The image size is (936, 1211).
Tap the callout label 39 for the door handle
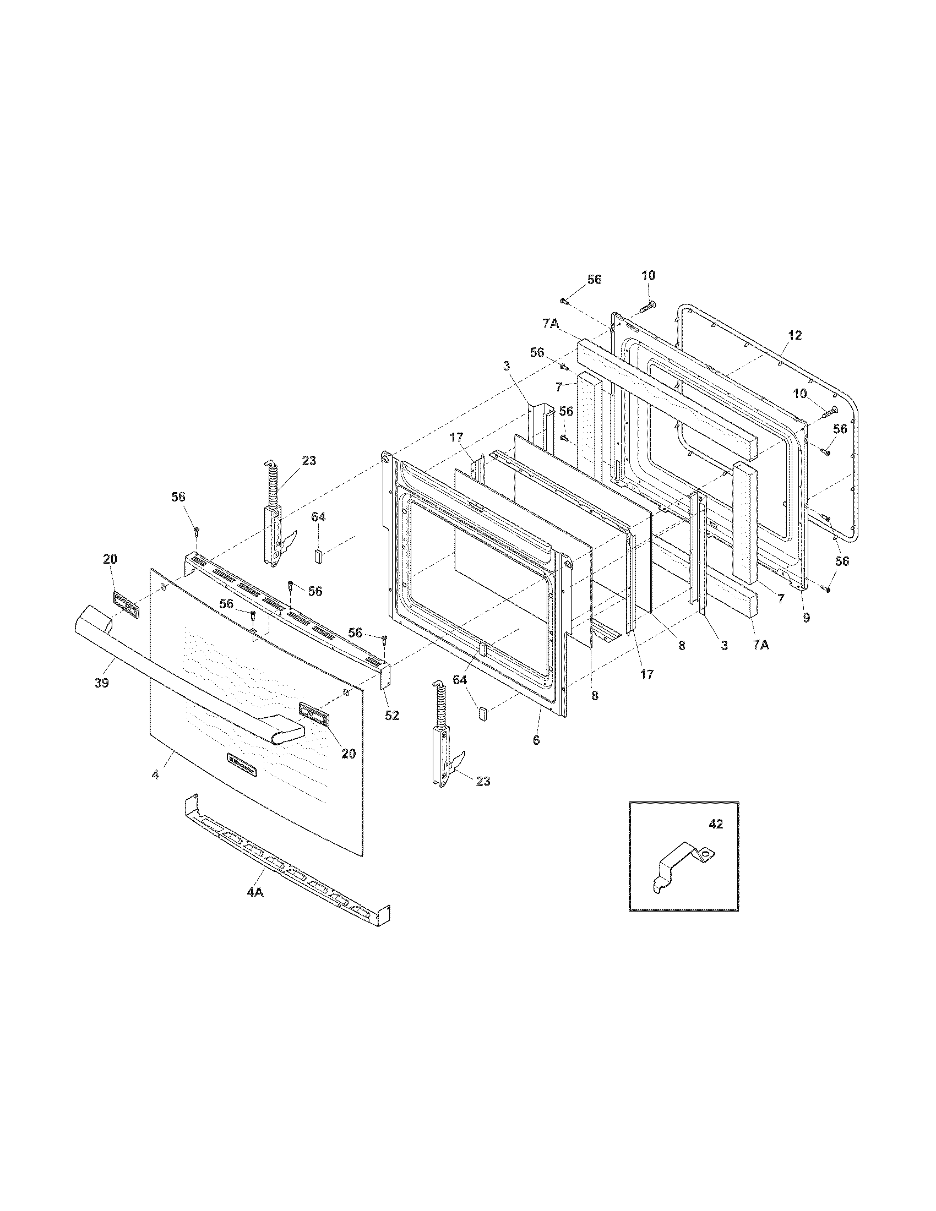click(101, 683)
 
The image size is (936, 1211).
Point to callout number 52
click(392, 715)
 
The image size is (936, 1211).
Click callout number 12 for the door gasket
click(794, 335)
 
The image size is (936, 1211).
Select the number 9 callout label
click(806, 617)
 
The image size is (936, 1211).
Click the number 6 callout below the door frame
click(536, 740)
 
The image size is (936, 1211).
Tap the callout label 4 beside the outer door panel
click(155, 775)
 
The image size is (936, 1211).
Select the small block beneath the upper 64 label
click(319, 555)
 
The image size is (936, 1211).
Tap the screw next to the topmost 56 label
click(563, 301)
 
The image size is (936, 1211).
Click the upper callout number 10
click(648, 275)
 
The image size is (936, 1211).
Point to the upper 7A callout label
click(551, 324)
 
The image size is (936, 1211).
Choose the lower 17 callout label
click(647, 675)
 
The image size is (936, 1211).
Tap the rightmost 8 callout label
click(682, 645)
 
